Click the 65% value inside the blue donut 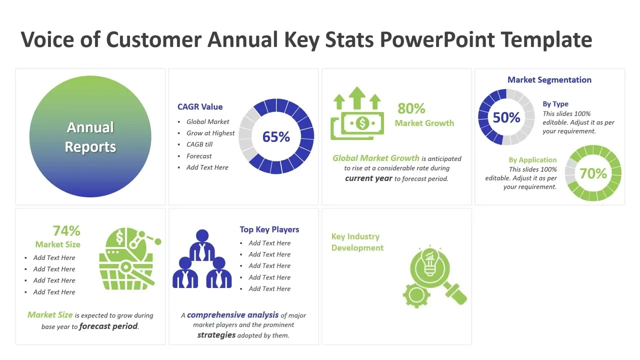coord(276,136)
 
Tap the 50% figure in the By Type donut coord(506,117)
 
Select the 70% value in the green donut coord(593,173)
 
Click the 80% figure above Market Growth coord(411,108)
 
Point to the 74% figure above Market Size coord(66,231)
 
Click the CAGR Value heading coord(200,107)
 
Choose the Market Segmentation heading coord(549,80)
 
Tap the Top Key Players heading coord(269,229)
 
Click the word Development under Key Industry coord(357,247)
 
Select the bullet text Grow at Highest coord(210,133)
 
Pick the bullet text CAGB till coord(199,144)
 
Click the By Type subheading coord(555,104)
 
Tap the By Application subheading coord(532,159)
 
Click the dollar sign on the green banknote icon coord(362,123)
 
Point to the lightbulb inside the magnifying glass coord(429,262)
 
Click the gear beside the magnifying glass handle coord(416,294)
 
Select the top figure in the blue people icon coord(202,245)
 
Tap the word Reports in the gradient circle coord(90,147)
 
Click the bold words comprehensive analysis coord(232,315)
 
